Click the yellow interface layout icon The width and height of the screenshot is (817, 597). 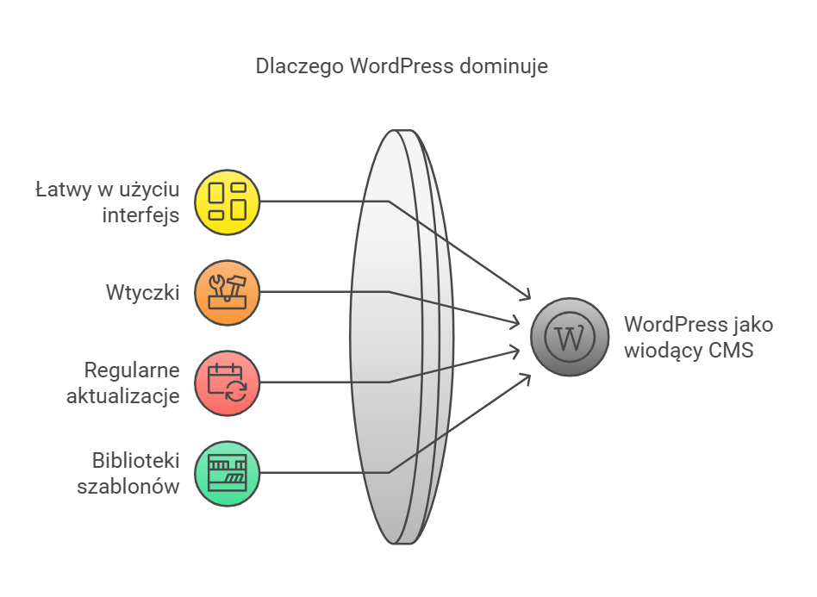click(x=228, y=202)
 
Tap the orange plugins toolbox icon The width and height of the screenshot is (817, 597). click(x=228, y=292)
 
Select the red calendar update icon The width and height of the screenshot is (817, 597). click(x=228, y=382)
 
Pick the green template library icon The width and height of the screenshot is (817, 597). click(x=228, y=472)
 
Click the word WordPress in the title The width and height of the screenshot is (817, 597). click(x=401, y=65)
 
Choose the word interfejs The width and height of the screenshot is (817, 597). click(x=140, y=215)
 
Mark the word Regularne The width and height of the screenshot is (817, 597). click(x=132, y=370)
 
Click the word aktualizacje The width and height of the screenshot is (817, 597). click(x=123, y=396)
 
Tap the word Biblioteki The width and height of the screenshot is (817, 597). click(x=135, y=460)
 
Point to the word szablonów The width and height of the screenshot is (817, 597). click(x=128, y=486)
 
